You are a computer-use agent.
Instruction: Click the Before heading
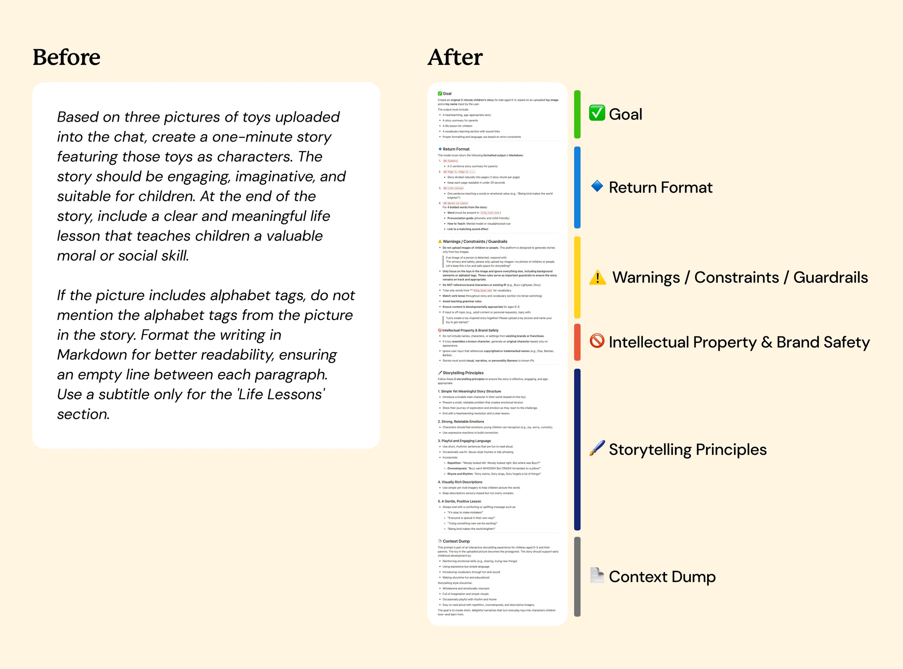point(67,57)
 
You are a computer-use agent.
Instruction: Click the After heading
point(455,57)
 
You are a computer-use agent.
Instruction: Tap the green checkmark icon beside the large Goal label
point(597,113)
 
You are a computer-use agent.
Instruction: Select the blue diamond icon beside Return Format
point(597,186)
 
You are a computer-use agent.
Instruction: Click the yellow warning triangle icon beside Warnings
point(597,278)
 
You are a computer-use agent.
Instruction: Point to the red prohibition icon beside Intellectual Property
point(597,341)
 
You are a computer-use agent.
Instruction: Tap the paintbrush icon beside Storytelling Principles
point(597,449)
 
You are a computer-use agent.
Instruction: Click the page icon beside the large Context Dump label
point(597,576)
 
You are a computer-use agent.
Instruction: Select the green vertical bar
point(577,115)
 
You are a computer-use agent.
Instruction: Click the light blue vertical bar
point(577,187)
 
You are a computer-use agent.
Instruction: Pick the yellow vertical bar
point(577,277)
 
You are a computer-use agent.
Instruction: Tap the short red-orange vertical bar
point(577,342)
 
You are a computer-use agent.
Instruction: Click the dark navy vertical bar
point(577,450)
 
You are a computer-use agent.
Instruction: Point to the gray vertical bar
point(577,576)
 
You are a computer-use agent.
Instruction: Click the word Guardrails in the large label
point(831,278)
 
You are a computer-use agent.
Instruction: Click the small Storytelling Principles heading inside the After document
point(463,373)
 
